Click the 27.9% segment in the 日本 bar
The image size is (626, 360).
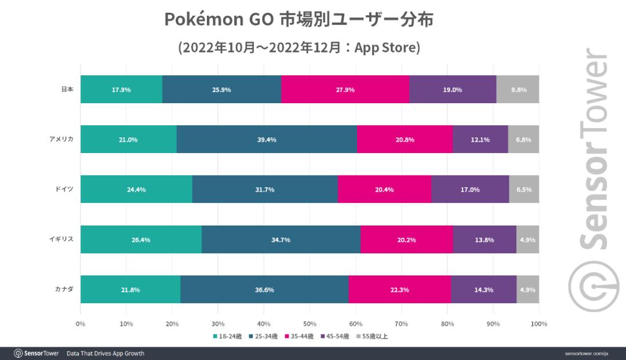click(x=345, y=89)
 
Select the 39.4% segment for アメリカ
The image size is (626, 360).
click(x=267, y=139)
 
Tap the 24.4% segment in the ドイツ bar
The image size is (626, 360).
click(x=136, y=189)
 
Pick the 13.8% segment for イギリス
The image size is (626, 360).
click(x=485, y=239)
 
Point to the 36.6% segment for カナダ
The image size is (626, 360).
click(x=264, y=289)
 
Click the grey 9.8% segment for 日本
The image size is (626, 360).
click(x=518, y=89)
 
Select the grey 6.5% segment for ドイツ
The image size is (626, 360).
click(x=524, y=189)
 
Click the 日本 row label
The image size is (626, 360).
click(x=67, y=89)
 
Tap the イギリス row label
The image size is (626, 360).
click(x=63, y=239)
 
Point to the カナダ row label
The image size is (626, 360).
click(x=65, y=289)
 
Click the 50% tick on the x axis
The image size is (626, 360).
click(x=310, y=323)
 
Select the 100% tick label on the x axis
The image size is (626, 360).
click(x=539, y=323)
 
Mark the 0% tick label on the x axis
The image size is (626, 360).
click(x=81, y=323)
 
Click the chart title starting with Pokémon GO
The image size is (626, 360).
click(x=299, y=20)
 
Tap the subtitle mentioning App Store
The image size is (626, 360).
click(x=299, y=48)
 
